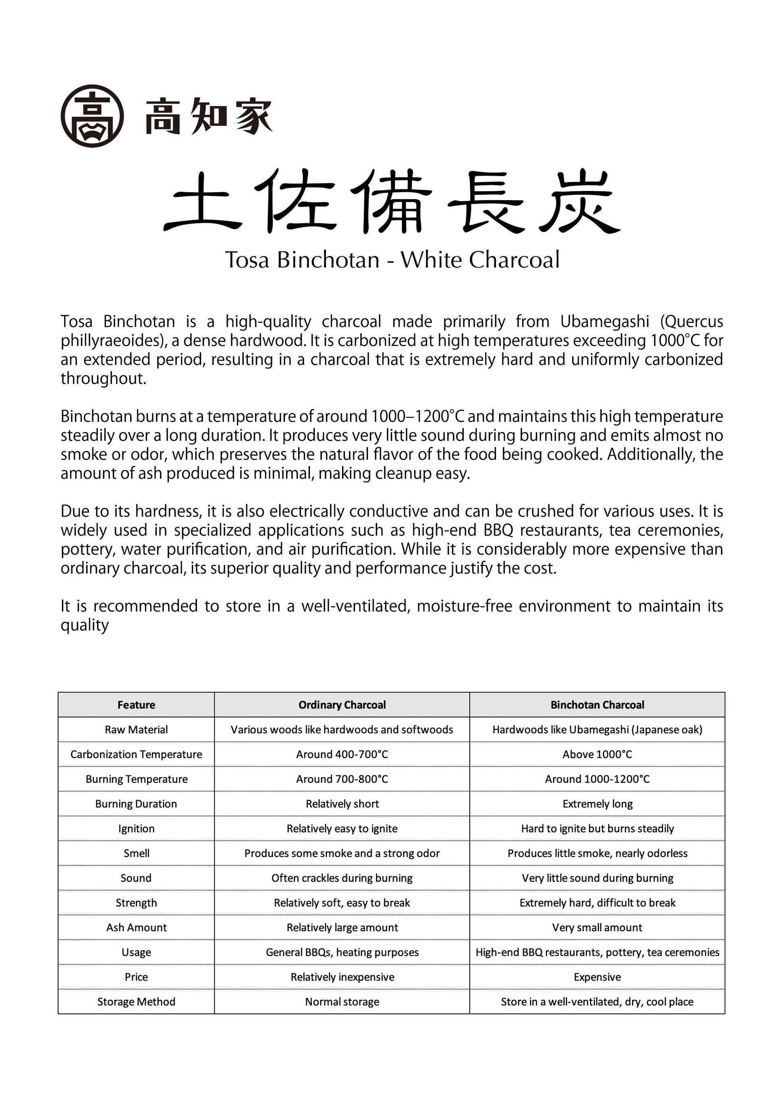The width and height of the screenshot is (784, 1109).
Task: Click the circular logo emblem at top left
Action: click(92, 116)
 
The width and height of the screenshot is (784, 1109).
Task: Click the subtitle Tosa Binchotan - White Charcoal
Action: click(392, 260)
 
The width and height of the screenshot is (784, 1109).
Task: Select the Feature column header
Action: click(136, 705)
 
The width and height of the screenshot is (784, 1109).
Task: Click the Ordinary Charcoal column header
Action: click(342, 705)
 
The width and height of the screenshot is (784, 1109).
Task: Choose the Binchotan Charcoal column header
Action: click(597, 705)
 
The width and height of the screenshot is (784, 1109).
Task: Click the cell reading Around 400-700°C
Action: click(342, 755)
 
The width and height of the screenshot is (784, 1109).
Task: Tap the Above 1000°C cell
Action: click(597, 755)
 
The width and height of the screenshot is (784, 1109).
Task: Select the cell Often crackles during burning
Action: click(342, 878)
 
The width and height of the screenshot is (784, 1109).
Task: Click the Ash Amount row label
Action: click(136, 927)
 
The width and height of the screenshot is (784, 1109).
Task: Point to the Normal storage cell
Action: click(342, 1002)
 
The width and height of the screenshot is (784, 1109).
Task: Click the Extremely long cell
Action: click(597, 804)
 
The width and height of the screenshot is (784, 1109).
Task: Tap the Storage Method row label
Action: click(136, 1002)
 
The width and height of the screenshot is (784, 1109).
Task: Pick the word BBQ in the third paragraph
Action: click(498, 531)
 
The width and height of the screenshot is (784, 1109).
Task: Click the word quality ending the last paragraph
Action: click(85, 626)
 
